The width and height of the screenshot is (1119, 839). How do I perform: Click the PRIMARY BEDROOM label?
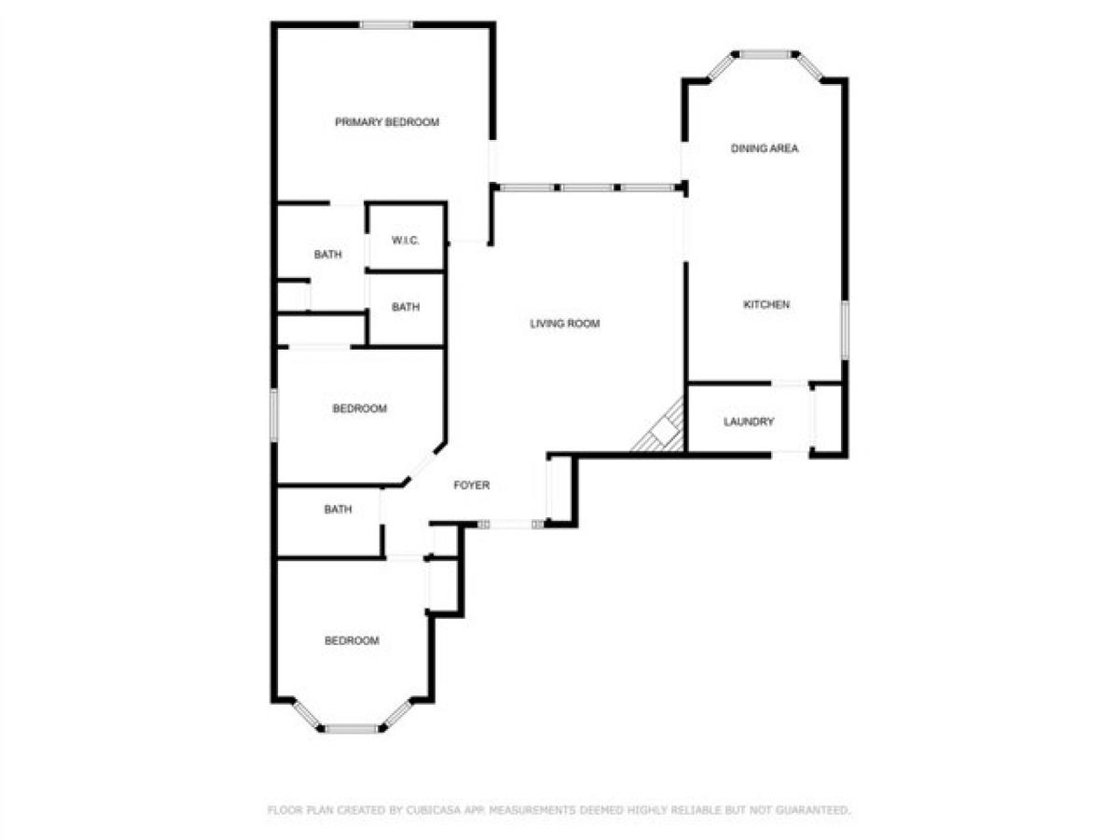[x=387, y=122]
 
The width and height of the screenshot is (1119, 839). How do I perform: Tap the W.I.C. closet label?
[x=405, y=241]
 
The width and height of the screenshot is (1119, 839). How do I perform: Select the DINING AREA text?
[x=765, y=148]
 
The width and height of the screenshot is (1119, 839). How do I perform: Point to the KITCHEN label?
[x=767, y=305]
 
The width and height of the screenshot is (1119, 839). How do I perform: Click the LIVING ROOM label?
[x=564, y=324]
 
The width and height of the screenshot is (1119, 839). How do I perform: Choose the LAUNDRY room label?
[x=749, y=422]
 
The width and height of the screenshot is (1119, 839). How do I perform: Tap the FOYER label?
[x=471, y=486]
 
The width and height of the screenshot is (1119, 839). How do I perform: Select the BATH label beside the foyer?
[x=338, y=510]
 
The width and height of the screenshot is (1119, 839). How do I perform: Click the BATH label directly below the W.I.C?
[x=405, y=308]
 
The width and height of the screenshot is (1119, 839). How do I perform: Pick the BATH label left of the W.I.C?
[x=327, y=254]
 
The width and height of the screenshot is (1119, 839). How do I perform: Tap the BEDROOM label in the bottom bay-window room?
[x=352, y=641]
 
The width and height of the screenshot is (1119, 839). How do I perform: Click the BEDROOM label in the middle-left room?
[x=359, y=409]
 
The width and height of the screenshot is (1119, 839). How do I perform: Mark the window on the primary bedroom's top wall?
[x=386, y=25]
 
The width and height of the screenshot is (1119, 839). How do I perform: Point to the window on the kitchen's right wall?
[x=845, y=329]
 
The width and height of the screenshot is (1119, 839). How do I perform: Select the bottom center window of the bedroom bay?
[x=352, y=728]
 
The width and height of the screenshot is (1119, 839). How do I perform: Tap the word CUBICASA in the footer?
[x=430, y=811]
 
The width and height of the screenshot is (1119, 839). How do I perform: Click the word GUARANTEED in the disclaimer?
[x=813, y=811]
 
